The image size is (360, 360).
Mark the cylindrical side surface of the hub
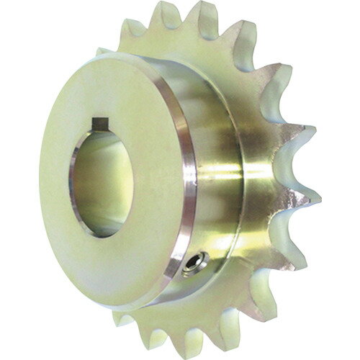click(x=216, y=180)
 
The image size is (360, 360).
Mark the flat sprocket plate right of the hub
click(x=270, y=187)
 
